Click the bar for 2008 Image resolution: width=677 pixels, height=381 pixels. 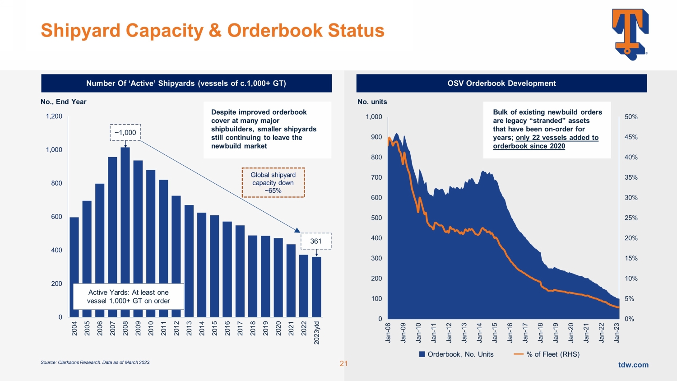[x=125, y=232]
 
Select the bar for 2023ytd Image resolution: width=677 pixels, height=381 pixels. [x=316, y=287]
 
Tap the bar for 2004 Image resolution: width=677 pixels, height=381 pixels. [x=74, y=267]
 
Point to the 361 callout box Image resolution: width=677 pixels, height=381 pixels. [x=316, y=241]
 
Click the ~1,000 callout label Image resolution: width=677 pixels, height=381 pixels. [x=125, y=133]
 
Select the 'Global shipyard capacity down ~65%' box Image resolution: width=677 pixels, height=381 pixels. [x=273, y=183]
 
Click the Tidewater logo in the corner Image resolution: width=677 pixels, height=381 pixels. [x=630, y=34]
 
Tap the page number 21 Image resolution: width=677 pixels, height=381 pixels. [x=343, y=363]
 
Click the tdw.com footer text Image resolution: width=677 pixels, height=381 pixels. [x=633, y=365]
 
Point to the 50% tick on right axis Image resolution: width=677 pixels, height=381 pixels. [x=631, y=117]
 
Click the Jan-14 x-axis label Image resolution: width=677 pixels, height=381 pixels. [x=479, y=333]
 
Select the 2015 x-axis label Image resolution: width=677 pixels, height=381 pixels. [x=214, y=328]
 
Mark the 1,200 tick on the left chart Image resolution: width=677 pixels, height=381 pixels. [x=54, y=116]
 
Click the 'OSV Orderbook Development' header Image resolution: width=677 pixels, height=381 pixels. [x=501, y=84]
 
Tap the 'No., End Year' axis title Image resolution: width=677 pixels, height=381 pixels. [x=64, y=102]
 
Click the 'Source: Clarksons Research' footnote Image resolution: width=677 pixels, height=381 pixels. [x=96, y=362]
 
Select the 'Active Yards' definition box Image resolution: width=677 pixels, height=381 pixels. [x=129, y=297]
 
